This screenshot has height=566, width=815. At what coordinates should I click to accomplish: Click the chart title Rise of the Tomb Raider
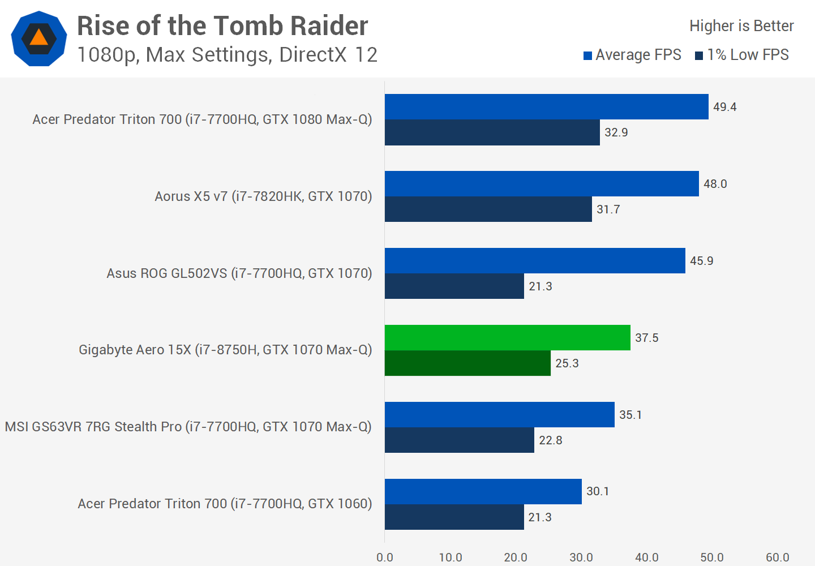[x=222, y=26]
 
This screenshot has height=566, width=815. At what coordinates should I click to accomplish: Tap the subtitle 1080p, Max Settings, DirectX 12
[x=227, y=55]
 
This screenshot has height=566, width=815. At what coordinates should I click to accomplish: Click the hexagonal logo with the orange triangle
[x=39, y=38]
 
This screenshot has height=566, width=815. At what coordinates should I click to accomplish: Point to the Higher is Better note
[x=741, y=26]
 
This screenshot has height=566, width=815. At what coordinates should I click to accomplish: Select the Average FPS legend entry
[x=632, y=55]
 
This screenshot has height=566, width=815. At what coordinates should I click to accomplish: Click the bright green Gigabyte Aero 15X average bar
[x=507, y=338]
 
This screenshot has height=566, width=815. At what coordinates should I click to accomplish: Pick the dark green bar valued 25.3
[x=467, y=363]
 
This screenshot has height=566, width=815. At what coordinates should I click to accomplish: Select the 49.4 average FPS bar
[x=546, y=107]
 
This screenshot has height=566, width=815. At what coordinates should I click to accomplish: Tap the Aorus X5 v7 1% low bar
[x=488, y=209]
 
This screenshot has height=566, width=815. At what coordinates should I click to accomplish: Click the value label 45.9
[x=701, y=261]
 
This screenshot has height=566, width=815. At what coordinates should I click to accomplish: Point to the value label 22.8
[x=550, y=440]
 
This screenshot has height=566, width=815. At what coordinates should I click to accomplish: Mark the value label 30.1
[x=598, y=491]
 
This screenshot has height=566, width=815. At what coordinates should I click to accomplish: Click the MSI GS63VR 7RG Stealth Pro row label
[x=188, y=427]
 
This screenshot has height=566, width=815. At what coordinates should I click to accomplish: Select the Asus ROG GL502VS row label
[x=239, y=273]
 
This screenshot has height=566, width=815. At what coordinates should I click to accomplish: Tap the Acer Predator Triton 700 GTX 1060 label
[x=225, y=504]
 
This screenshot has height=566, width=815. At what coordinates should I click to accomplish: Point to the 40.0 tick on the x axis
[x=646, y=558]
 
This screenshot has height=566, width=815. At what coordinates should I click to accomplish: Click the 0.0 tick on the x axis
[x=385, y=558]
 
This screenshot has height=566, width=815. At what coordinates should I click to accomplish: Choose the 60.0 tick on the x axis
[x=777, y=558]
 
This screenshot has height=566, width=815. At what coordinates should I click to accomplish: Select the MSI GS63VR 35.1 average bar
[x=499, y=415]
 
